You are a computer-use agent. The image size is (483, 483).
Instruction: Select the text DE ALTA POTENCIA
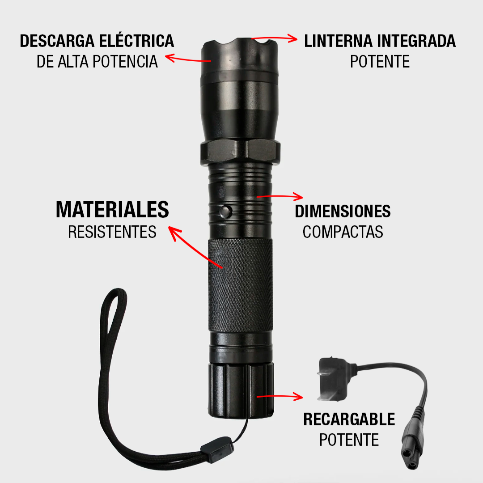tap(97, 61)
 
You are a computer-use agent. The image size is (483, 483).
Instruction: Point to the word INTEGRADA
tap(416, 41)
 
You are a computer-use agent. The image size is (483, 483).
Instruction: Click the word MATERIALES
tap(112, 210)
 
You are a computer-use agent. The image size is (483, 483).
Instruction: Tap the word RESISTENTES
tap(112, 232)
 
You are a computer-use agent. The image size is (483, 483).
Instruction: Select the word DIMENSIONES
tap(343, 211)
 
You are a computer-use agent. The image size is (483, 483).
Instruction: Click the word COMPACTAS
tap(343, 232)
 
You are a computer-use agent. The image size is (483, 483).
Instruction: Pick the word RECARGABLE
tap(349, 419)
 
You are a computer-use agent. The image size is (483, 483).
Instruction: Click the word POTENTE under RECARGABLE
tap(349, 440)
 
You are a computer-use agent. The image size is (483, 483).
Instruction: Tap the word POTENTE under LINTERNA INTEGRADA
tap(380, 61)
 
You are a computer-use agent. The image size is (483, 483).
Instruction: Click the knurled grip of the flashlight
tap(240, 286)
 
